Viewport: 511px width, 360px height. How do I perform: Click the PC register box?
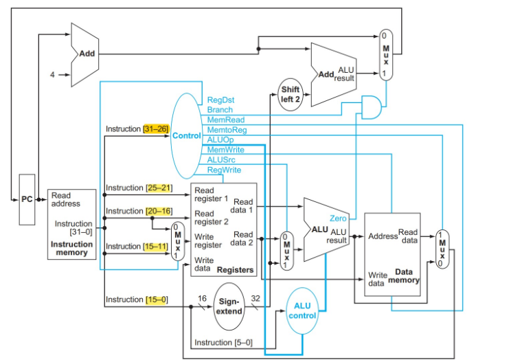(27, 199)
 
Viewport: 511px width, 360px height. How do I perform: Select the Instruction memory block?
(71, 225)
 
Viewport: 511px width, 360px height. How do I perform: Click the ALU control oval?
(303, 311)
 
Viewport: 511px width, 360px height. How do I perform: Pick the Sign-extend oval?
(229, 306)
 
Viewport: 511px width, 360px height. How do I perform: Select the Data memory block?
(391, 254)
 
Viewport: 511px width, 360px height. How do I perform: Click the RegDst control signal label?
(220, 100)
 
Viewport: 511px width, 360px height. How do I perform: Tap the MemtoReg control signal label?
(227, 129)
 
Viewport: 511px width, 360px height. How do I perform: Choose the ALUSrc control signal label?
(221, 159)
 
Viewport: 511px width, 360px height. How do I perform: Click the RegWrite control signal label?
(224, 169)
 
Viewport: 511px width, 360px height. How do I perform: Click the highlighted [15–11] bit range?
(156, 246)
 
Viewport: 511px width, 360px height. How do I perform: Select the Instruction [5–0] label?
(223, 342)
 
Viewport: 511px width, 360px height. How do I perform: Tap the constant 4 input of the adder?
(52, 74)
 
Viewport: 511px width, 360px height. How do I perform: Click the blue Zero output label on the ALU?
(338, 218)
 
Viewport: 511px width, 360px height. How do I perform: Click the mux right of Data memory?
(442, 249)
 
